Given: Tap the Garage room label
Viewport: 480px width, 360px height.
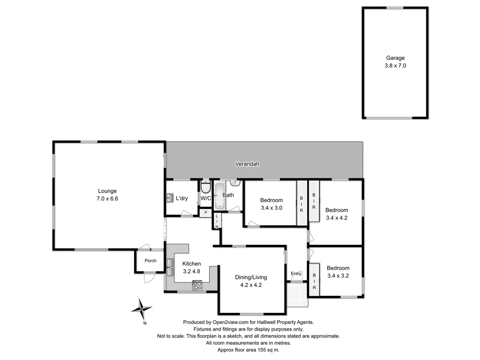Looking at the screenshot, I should (x=395, y=58).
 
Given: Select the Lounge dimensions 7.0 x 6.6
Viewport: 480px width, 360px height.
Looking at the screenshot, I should (x=107, y=199).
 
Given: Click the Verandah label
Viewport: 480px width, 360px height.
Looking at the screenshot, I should (x=247, y=164).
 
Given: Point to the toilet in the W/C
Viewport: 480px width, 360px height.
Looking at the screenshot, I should (x=206, y=187).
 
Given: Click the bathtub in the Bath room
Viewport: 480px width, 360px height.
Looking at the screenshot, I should (x=219, y=195).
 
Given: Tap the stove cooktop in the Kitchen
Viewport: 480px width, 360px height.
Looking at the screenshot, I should (x=197, y=286).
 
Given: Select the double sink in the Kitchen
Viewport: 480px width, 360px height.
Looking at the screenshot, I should (x=170, y=267).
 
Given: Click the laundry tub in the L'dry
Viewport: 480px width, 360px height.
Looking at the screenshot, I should (x=169, y=198).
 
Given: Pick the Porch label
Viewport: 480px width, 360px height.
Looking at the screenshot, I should (x=150, y=261).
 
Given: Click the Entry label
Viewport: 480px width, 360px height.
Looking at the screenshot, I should (x=296, y=274).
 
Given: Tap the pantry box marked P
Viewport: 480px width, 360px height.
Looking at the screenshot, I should (x=206, y=213).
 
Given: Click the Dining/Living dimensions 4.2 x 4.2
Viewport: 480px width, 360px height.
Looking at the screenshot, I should (x=251, y=285).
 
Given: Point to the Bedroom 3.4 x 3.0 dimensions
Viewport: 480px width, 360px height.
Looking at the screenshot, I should (x=271, y=208).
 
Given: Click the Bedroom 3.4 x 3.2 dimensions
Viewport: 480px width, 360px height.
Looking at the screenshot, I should (x=338, y=276).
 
